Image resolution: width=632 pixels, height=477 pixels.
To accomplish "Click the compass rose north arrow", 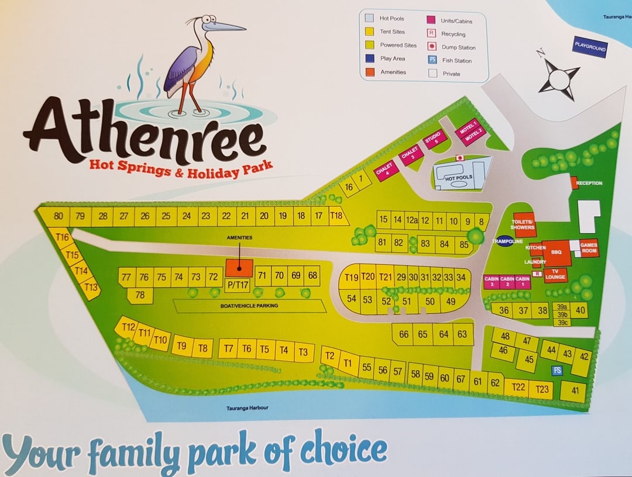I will click(541, 56).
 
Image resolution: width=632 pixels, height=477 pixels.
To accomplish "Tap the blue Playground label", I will click(590, 47).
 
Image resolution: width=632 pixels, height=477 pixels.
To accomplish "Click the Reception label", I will click(588, 183).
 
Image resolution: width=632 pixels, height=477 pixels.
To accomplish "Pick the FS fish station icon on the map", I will click(557, 371).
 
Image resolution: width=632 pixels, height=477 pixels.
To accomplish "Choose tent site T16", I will click(63, 237).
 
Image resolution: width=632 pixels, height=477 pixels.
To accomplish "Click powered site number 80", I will click(58, 216).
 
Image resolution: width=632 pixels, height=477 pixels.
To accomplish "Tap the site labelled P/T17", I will click(238, 285).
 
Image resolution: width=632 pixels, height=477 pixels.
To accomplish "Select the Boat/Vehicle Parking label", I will click(250, 306).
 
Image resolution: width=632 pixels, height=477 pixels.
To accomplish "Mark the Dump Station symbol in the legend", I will click(432, 47).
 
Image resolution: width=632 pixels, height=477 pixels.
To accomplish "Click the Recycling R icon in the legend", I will click(432, 34).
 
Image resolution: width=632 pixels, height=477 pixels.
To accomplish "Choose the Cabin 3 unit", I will click(491, 282).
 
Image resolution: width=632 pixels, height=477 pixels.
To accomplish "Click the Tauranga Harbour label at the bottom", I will click(247, 408).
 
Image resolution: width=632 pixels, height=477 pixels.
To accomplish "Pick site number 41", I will click(574, 391).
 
